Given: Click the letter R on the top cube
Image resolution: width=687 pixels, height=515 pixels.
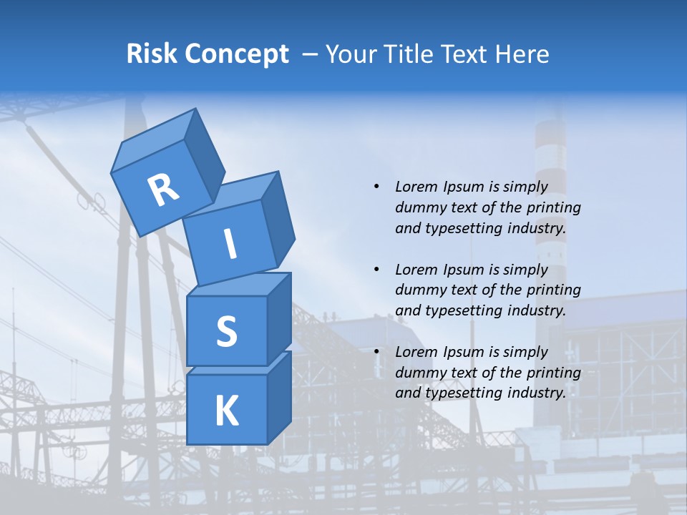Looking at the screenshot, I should click(x=164, y=190).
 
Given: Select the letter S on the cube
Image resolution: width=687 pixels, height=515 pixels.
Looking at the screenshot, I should click(x=226, y=331).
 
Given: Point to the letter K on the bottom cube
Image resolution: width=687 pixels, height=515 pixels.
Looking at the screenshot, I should click(x=226, y=411).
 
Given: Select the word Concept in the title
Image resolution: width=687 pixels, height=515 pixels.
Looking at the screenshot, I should click(x=236, y=54).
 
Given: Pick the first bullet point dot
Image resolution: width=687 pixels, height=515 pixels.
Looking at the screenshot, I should click(x=377, y=187).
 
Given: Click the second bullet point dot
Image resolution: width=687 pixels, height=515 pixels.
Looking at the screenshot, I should click(x=377, y=270).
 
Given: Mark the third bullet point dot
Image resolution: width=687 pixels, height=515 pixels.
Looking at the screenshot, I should click(x=377, y=352).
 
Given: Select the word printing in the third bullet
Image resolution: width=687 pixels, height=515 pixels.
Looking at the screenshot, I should click(x=553, y=373).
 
